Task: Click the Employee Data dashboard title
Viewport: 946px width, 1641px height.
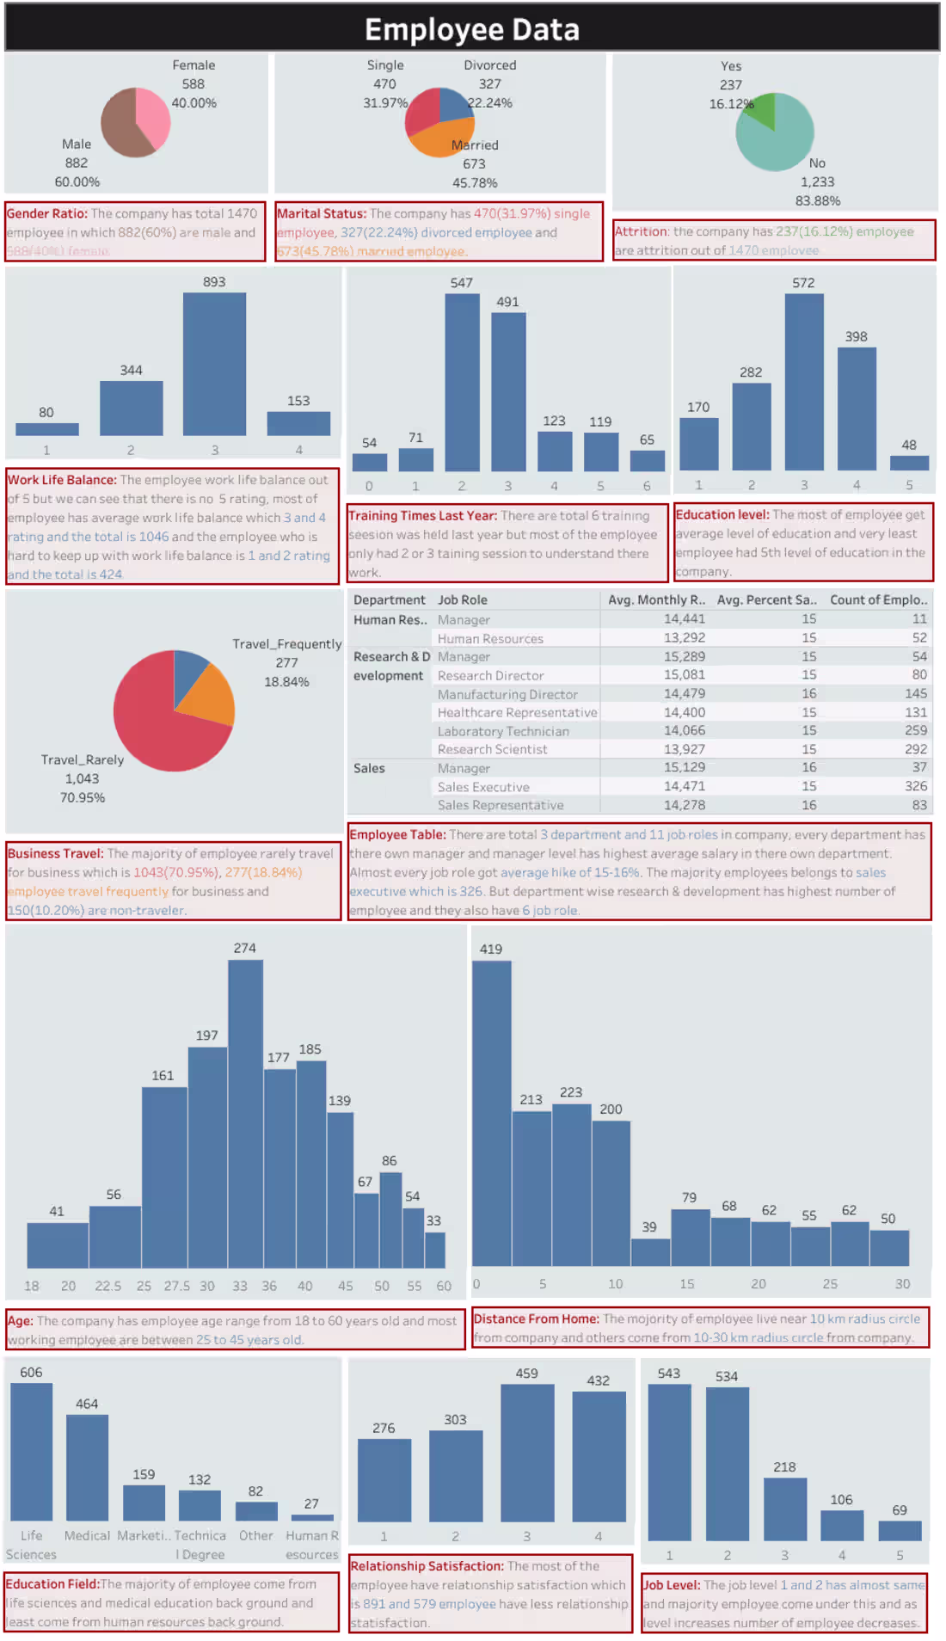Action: (x=472, y=30)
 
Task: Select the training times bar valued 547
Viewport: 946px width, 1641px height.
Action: (x=462, y=382)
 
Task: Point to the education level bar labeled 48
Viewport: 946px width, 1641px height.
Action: (x=909, y=463)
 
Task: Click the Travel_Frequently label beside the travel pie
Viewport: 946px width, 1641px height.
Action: (x=286, y=643)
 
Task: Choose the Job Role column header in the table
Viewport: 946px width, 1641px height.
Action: (x=463, y=600)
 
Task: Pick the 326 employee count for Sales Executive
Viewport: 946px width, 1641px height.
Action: (x=916, y=786)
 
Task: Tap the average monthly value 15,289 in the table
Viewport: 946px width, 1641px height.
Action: (x=684, y=656)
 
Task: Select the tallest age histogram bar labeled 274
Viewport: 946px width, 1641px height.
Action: (x=245, y=1113)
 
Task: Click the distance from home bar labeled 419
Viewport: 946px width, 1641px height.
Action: (x=491, y=1113)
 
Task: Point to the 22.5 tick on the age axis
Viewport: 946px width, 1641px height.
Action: (x=107, y=1286)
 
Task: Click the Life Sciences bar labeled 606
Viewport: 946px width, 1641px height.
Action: (x=32, y=1451)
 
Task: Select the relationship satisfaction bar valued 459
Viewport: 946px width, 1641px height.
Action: (x=527, y=1453)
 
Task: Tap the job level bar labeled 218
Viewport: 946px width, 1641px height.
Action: (x=784, y=1509)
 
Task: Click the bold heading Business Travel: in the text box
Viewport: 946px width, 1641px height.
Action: (x=55, y=853)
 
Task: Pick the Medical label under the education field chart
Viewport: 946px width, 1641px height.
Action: (x=87, y=1535)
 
